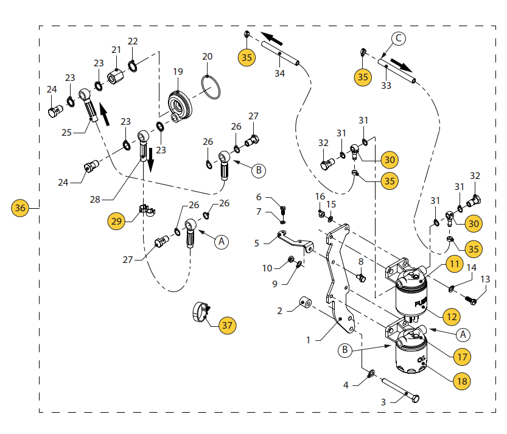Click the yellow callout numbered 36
[21, 208]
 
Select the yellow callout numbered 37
[227, 325]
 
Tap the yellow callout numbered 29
[116, 220]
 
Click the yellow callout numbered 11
[453, 264]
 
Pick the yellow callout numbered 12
[451, 317]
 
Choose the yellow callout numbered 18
[461, 380]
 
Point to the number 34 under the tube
[279, 74]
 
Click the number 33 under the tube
[386, 86]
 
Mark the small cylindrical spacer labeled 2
[306, 302]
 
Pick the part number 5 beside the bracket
[257, 243]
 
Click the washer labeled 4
[370, 373]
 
